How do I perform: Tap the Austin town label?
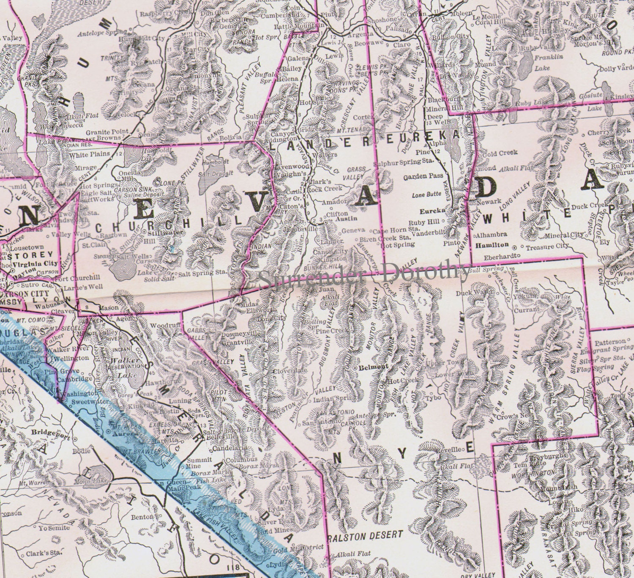(x=346, y=219)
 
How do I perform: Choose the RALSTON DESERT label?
(x=365, y=535)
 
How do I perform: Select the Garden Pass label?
(x=423, y=175)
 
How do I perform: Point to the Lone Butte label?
(x=426, y=195)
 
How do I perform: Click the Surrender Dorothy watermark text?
(x=363, y=272)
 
